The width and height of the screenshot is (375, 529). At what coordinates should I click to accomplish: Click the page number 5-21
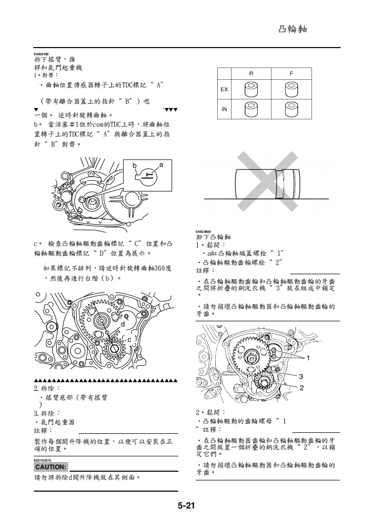click(x=187, y=506)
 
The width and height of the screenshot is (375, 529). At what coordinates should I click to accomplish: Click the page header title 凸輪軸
click(x=293, y=29)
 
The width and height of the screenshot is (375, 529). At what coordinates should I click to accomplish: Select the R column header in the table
click(x=251, y=74)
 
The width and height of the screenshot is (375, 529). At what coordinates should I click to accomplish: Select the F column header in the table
click(x=291, y=74)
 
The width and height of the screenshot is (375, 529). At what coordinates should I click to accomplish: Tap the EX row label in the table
click(x=224, y=90)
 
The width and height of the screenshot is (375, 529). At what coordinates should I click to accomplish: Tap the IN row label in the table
click(x=224, y=109)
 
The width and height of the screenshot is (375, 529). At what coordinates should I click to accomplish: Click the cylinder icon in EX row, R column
click(x=251, y=90)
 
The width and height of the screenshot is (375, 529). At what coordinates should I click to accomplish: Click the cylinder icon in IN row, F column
click(x=291, y=109)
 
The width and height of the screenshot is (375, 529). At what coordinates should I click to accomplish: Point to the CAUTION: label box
click(x=51, y=467)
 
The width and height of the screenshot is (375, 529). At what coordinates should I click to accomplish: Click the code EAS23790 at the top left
click(x=41, y=54)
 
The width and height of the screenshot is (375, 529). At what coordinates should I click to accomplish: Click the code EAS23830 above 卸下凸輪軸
click(x=203, y=231)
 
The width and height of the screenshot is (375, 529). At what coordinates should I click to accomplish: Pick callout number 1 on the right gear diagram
click(x=308, y=357)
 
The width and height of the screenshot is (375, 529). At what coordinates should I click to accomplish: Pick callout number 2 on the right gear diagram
click(x=302, y=388)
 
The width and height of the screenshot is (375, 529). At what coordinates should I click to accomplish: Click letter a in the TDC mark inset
click(x=161, y=165)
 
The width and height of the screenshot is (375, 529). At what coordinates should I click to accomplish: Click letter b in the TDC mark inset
click(x=135, y=166)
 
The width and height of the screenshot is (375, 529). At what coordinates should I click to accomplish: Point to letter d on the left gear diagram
click(x=123, y=324)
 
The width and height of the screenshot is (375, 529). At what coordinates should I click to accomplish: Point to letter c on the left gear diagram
click(x=129, y=339)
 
